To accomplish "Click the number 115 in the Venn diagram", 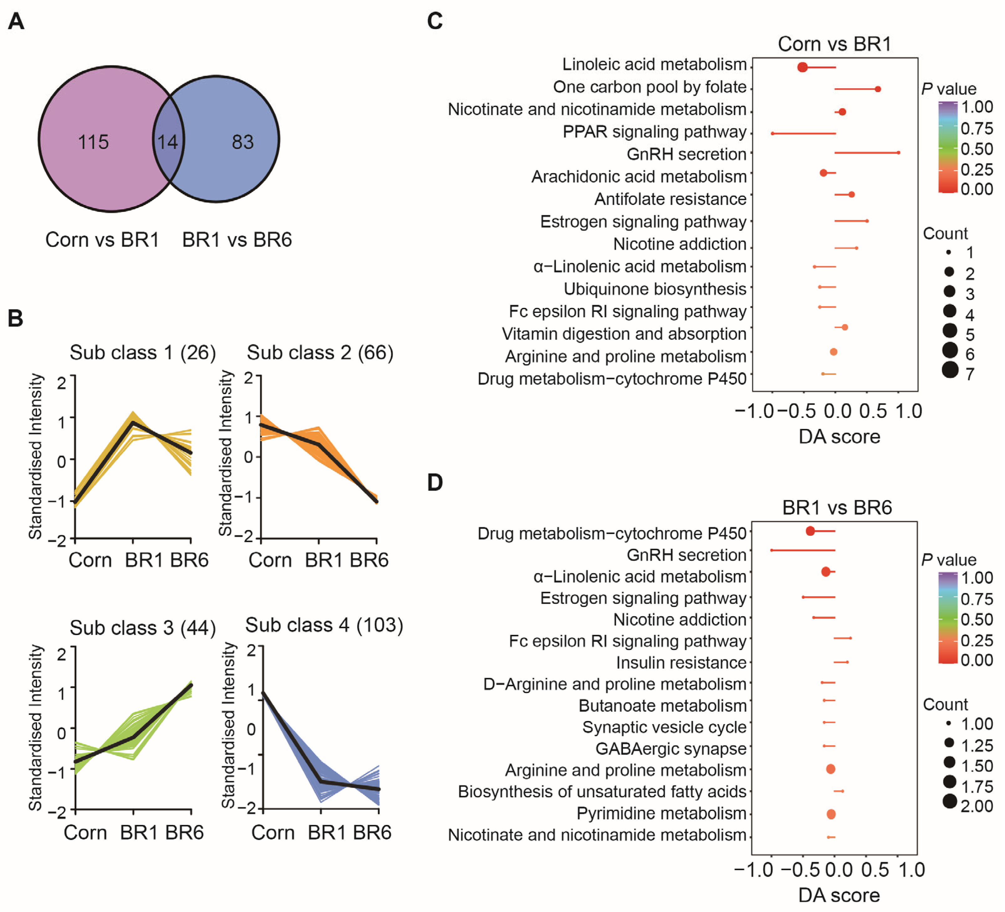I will point(93,142).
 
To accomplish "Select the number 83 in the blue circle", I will point(243,142).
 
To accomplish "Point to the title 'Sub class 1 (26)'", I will point(142,352).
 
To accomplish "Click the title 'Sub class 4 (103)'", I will point(324,625).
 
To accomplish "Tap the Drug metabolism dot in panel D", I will point(810,531).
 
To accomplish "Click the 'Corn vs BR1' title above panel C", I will point(834,44).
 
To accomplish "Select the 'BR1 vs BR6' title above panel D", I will point(837,507).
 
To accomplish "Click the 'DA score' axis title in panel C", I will point(839,437).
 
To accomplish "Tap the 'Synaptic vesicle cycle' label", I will point(664,727).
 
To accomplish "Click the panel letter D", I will point(435,482).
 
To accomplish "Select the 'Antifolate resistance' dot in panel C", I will point(852,194).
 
